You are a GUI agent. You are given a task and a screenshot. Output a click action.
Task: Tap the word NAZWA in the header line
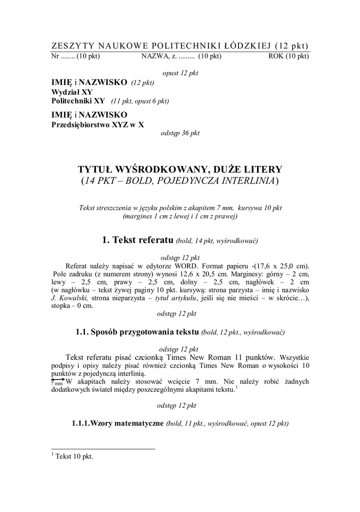(153, 56)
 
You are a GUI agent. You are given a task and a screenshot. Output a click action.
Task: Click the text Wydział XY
(72, 92)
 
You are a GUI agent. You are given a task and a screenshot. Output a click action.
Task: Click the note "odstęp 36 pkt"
(179, 133)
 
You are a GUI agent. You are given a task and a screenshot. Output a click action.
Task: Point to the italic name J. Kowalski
(70, 298)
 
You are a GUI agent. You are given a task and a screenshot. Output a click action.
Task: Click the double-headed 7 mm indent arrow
(58, 380)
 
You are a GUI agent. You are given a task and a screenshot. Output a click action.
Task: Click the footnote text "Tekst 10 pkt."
(74, 456)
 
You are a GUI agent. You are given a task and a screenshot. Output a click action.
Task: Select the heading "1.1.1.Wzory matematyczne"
(117, 423)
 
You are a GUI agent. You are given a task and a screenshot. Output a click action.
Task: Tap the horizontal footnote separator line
(103, 448)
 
